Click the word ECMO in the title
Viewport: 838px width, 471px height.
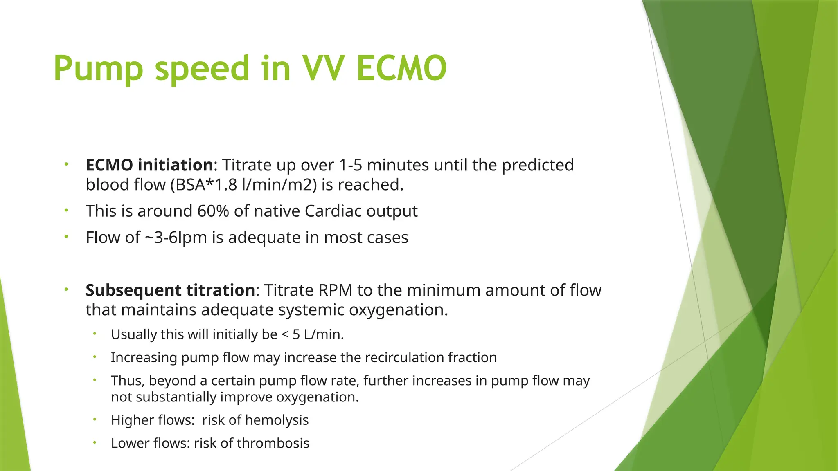[x=401, y=68]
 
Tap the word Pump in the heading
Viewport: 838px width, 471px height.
[x=98, y=68]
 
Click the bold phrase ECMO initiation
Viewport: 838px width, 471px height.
[x=149, y=165]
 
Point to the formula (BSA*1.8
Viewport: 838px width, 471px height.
[x=203, y=185]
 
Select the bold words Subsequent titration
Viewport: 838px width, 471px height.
[x=170, y=290]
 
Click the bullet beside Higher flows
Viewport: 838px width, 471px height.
[x=95, y=419]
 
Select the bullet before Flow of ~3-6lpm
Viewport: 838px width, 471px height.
[x=66, y=237]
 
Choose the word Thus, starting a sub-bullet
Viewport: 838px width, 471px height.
[x=127, y=381]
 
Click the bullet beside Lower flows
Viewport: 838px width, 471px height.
[x=95, y=442]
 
